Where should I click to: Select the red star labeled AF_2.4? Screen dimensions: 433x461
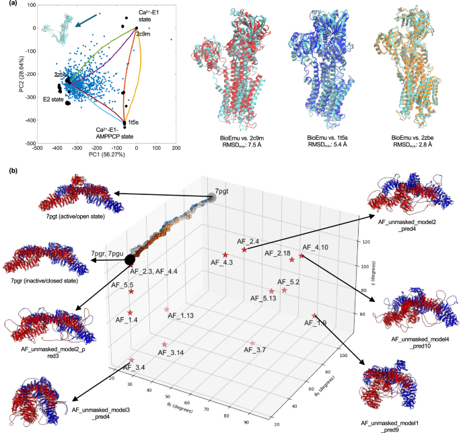(244, 249)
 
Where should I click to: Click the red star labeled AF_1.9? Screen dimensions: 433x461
(314, 316)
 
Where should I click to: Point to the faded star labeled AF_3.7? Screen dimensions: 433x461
(252, 344)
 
